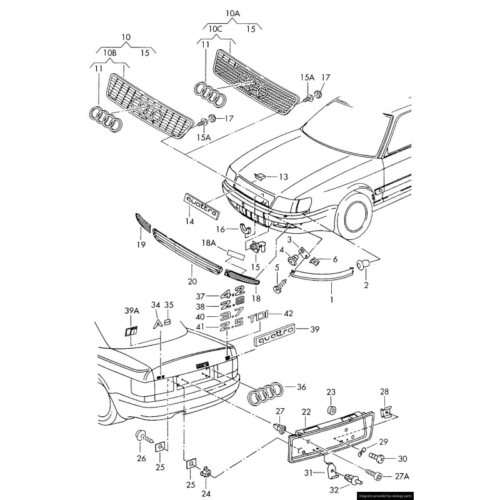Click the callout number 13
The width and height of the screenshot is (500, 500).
pyautogui.click(x=283, y=177)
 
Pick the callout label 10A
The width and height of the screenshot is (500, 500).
pyautogui.click(x=232, y=12)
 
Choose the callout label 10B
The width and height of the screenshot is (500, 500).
pyautogui.click(x=110, y=53)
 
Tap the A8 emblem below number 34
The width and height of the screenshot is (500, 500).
pyautogui.click(x=162, y=323)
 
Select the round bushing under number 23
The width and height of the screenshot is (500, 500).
pyautogui.click(x=331, y=411)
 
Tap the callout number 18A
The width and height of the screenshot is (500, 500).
pyautogui.click(x=208, y=242)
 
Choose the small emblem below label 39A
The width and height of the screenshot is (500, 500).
pyautogui.click(x=131, y=331)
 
